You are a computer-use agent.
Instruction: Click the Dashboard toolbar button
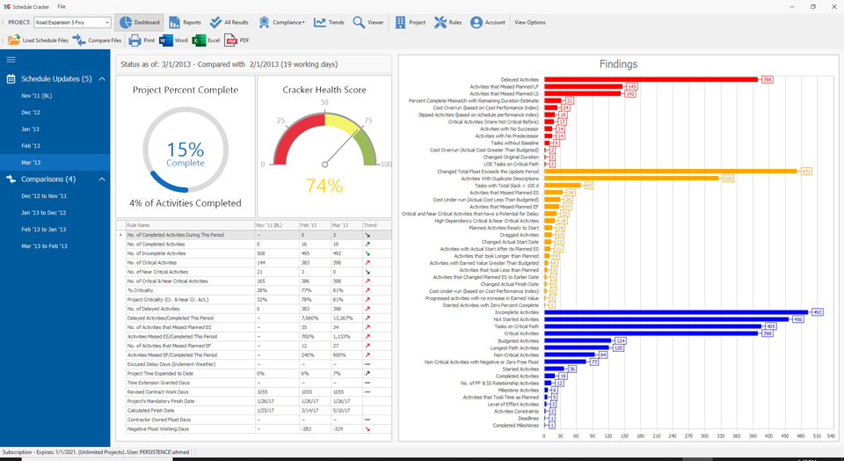click(140, 22)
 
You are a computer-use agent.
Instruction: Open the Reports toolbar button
click(185, 22)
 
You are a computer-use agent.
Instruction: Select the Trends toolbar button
click(329, 22)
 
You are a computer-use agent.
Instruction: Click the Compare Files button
click(97, 40)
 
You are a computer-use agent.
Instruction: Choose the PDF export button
click(237, 40)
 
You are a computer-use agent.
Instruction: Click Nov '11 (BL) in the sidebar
click(37, 95)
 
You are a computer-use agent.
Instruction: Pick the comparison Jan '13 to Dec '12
click(44, 212)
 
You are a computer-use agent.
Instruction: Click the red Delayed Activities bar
click(651, 79)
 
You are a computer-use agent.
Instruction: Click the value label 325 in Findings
click(728, 179)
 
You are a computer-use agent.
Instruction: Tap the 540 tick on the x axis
click(831, 435)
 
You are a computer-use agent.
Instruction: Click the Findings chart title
click(618, 64)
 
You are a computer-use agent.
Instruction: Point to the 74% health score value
click(324, 186)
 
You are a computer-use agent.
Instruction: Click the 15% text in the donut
click(185, 150)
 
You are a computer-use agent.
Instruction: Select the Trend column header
click(370, 226)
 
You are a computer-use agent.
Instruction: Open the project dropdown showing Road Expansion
click(72, 22)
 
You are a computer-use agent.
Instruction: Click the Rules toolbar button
click(447, 22)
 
